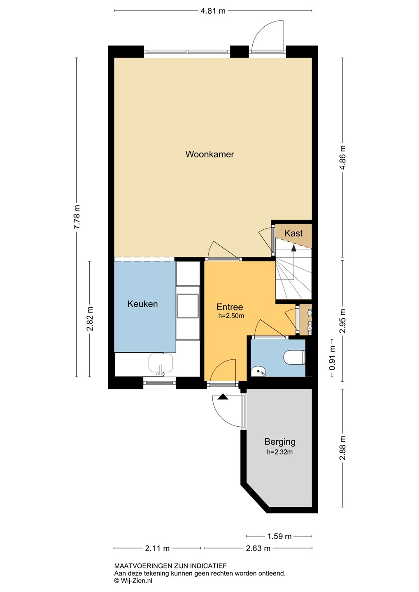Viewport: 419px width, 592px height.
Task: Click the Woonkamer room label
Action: click(x=209, y=154)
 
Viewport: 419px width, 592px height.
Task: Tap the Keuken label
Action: click(x=142, y=304)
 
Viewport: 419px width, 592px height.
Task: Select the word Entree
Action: click(x=230, y=307)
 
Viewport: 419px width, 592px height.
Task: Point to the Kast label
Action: click(x=293, y=233)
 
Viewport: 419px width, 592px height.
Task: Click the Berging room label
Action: click(x=280, y=442)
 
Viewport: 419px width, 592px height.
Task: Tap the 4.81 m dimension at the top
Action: click(x=213, y=11)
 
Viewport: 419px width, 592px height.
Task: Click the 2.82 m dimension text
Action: click(x=90, y=319)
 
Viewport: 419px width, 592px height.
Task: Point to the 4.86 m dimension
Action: click(x=343, y=157)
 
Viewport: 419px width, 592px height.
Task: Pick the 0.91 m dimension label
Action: click(x=332, y=358)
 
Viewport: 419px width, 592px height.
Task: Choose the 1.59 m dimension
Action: click(x=279, y=536)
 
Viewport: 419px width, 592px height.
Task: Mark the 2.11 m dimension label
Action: click(x=157, y=548)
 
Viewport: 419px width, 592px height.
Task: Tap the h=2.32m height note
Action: click(x=280, y=452)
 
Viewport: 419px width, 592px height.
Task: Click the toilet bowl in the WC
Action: click(x=294, y=357)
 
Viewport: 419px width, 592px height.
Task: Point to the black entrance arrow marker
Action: click(x=223, y=397)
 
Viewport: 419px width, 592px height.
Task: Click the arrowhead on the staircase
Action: click(x=293, y=248)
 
